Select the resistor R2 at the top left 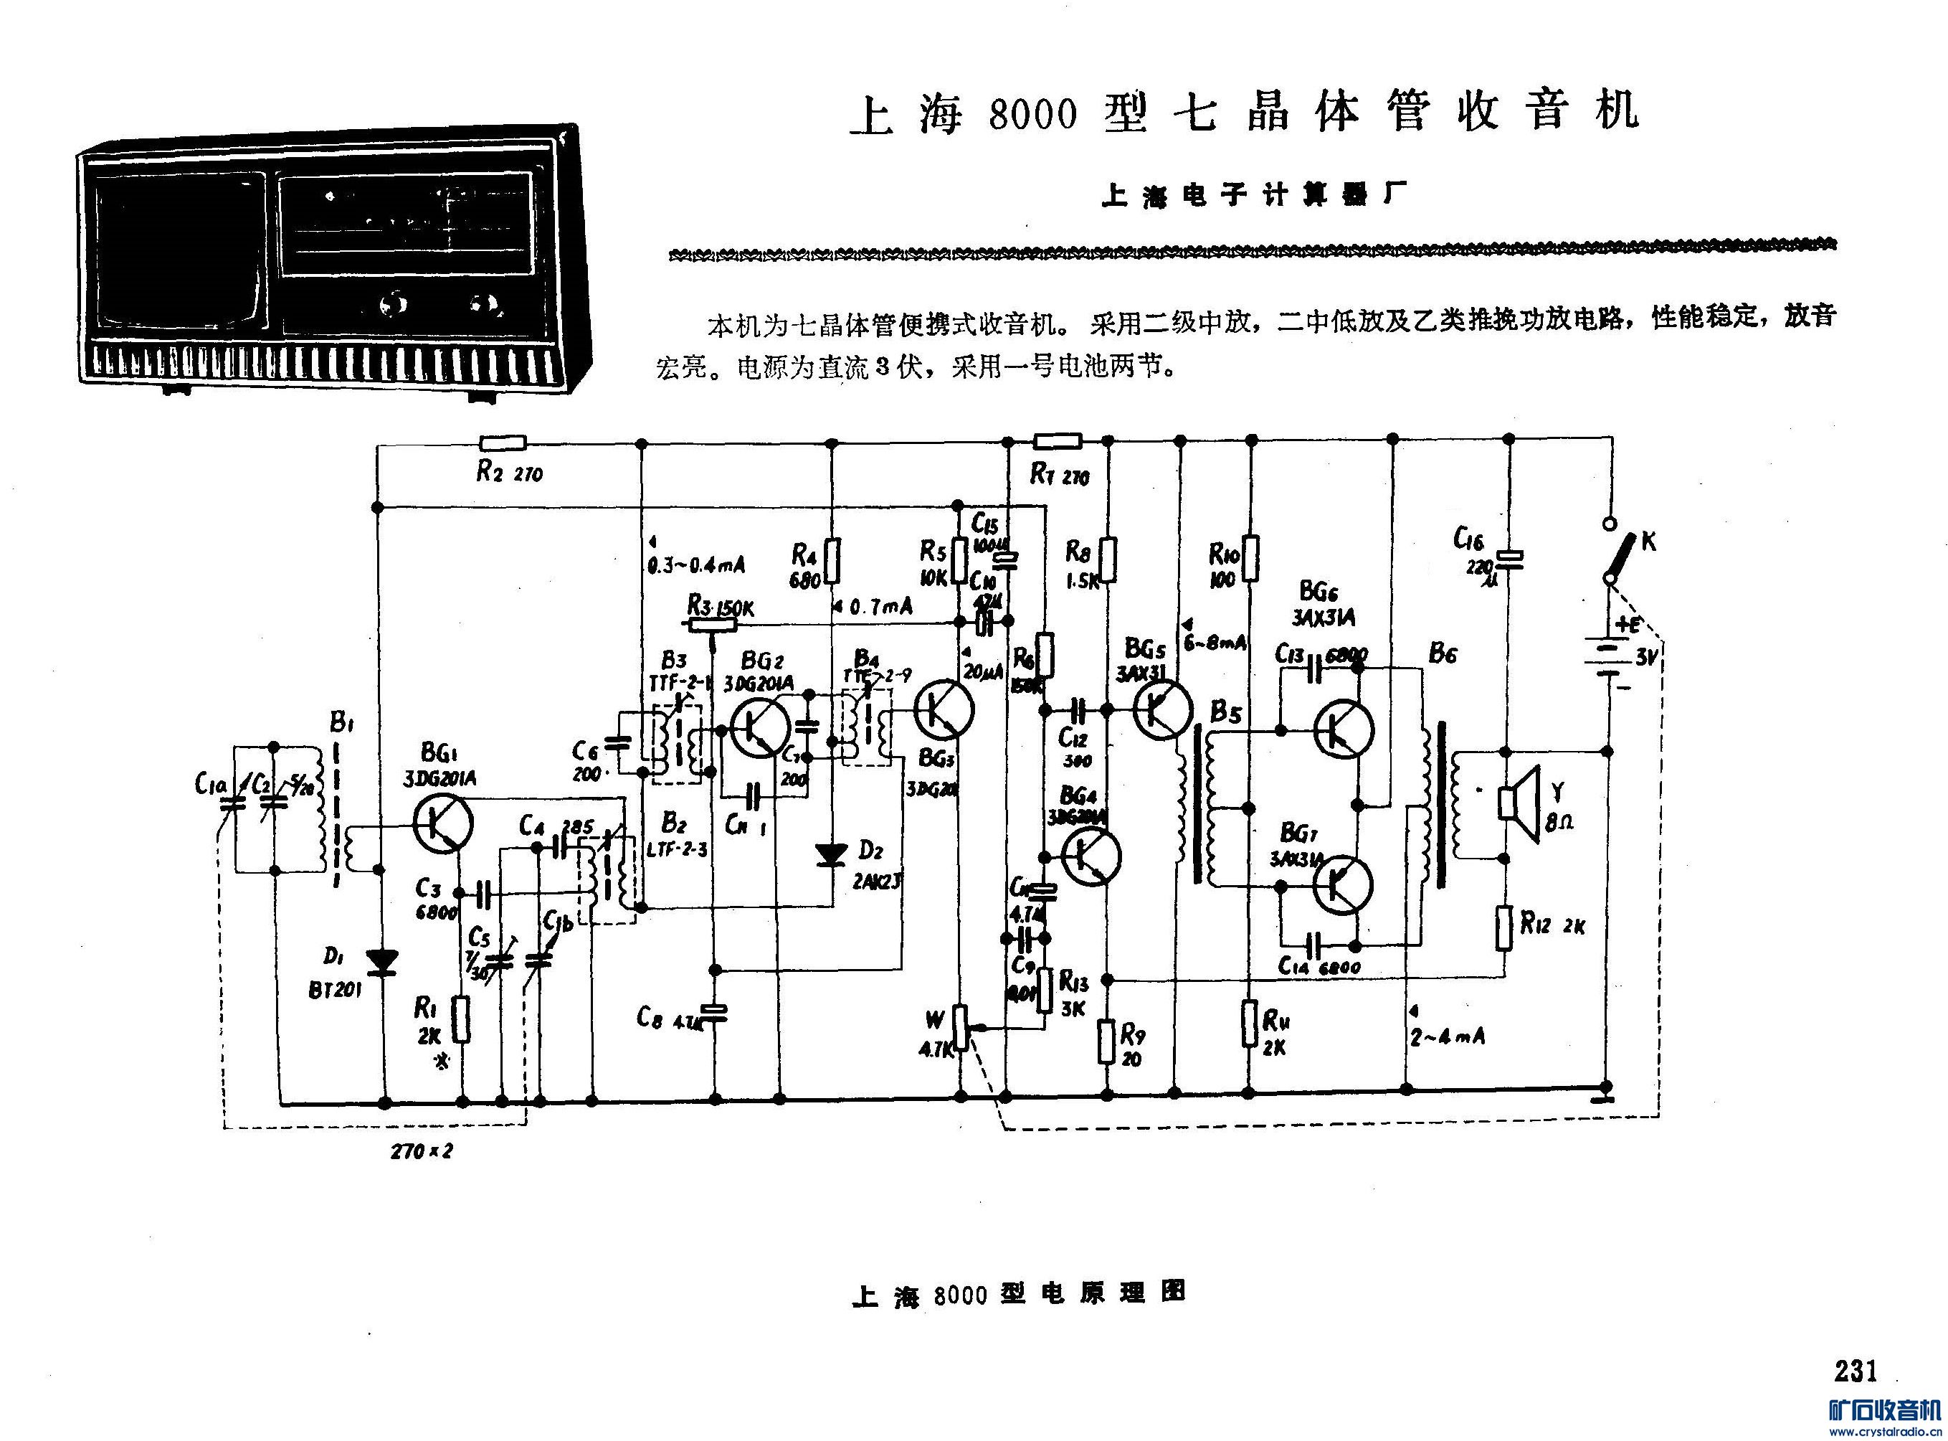pos(503,443)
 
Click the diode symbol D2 pos(830,854)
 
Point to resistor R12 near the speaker pos(1506,927)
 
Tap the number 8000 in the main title pos(1032,114)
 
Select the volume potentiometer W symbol pos(960,1026)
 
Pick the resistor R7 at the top pos(1056,441)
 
